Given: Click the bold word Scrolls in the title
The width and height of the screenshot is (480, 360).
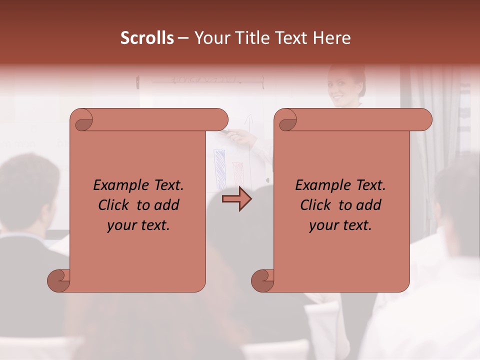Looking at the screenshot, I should tap(147, 37).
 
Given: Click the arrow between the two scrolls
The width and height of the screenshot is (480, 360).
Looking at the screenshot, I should tap(236, 199).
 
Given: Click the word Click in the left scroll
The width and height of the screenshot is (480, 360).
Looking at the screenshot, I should tap(114, 205).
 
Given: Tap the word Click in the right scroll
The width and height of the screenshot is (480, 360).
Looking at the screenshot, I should tap(316, 205).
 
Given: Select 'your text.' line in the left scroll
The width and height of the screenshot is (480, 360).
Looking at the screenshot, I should tap(138, 225).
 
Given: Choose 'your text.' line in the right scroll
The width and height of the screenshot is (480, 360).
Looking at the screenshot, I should tap(340, 225).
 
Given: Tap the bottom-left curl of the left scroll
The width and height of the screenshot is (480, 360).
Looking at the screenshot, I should tap(59, 281).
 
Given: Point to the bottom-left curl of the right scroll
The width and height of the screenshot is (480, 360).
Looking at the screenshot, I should tap(263, 281).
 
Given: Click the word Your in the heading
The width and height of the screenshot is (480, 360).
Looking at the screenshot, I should tap(209, 37).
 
